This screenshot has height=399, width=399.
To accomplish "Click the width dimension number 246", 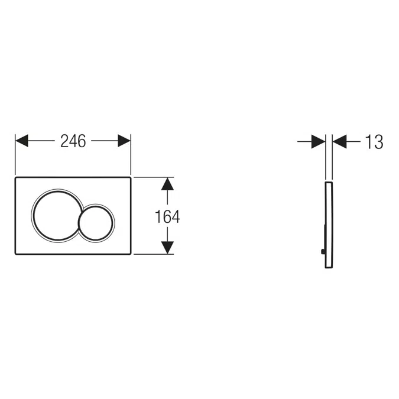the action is (x=73, y=141).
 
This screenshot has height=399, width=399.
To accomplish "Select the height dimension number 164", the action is (x=167, y=216).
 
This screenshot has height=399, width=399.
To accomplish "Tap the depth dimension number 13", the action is (x=374, y=142).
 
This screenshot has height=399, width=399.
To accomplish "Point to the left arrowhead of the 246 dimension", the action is (x=22, y=141).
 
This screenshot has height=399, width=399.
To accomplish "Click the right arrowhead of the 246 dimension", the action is (x=124, y=141).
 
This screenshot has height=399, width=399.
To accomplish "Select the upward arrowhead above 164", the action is (x=167, y=184).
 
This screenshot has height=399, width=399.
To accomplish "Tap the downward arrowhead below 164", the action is (x=167, y=247).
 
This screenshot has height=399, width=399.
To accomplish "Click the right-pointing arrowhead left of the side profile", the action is (x=319, y=141).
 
